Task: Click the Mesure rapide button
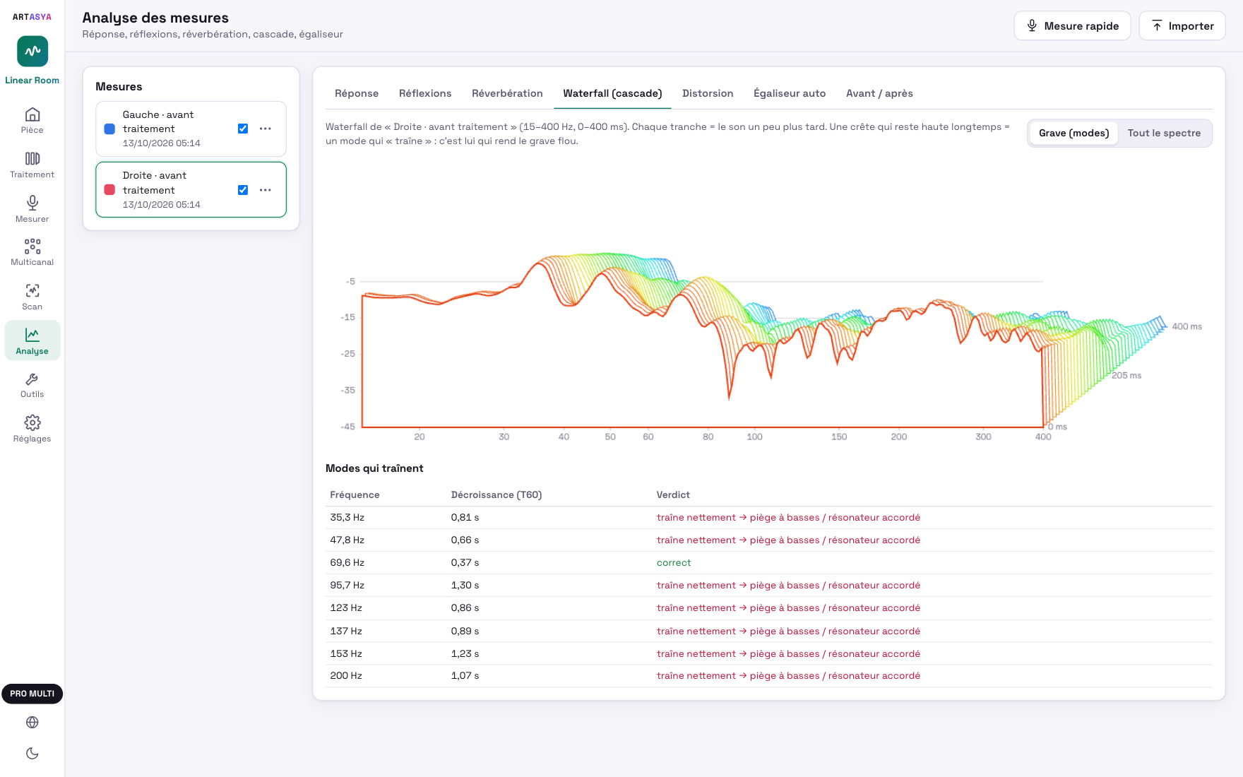[1072, 26]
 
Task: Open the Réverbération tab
[507, 93]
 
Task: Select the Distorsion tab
[708, 93]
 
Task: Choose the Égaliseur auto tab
[790, 93]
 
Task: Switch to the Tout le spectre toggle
[1164, 133]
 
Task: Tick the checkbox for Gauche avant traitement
[243, 129]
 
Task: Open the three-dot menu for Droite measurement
[266, 190]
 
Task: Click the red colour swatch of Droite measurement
[109, 190]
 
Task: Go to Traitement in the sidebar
[32, 165]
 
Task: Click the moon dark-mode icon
[32, 754]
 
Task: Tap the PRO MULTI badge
[32, 694]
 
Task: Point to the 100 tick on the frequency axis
[754, 437]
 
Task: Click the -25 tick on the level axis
[348, 354]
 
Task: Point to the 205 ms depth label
[1126, 376]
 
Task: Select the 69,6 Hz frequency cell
[347, 563]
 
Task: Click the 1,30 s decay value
[465, 586]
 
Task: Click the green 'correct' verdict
[674, 563]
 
